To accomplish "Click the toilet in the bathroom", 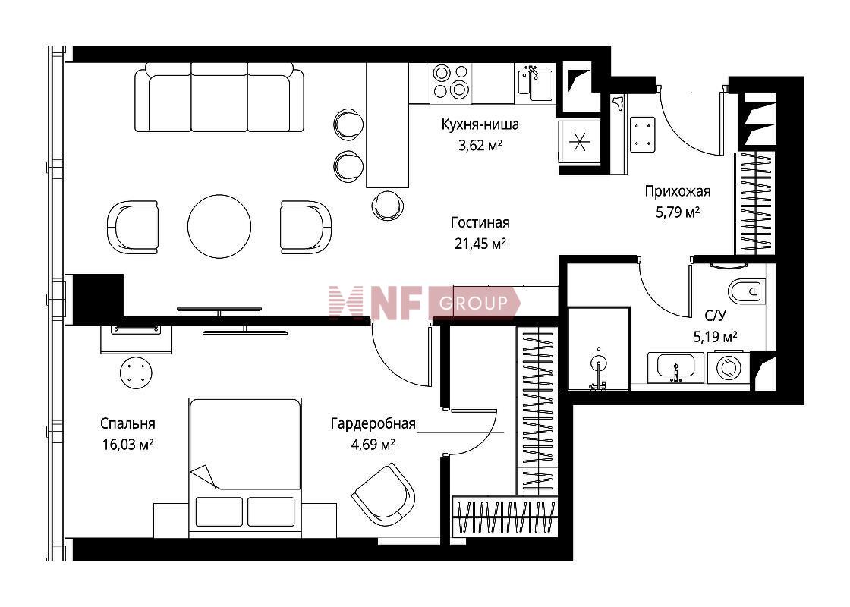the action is click(747, 291).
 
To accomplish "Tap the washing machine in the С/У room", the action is click(729, 368).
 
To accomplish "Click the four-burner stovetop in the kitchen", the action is click(451, 82).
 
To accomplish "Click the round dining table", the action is click(219, 226).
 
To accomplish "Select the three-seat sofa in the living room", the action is click(219, 97).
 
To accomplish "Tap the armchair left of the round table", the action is click(132, 227).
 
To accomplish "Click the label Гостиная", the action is click(480, 223).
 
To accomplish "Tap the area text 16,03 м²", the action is click(127, 445).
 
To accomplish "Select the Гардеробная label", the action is click(373, 424).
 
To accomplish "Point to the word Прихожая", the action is click(677, 191).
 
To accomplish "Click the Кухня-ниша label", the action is click(480, 124).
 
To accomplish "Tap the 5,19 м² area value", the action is click(715, 337).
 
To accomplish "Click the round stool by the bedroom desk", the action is click(136, 373).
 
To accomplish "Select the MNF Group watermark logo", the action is click(424, 303).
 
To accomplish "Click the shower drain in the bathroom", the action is click(599, 363).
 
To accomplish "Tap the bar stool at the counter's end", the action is click(388, 206).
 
